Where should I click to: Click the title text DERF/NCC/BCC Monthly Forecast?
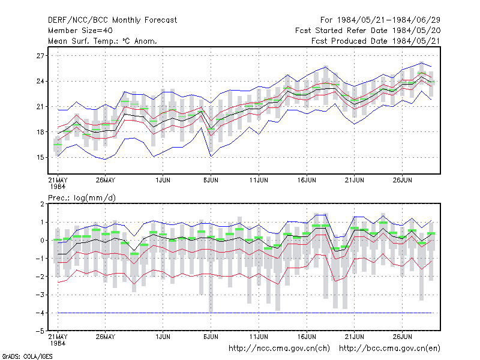tap(112, 20)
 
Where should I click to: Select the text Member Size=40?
tap(80, 31)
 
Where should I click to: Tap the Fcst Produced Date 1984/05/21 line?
tap(376, 41)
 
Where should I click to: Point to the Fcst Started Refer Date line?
tap(368, 31)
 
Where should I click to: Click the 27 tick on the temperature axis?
tap(40, 56)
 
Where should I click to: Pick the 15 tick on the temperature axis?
tap(40, 158)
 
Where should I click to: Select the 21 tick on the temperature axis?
tap(40, 107)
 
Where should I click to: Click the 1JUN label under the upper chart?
tap(163, 180)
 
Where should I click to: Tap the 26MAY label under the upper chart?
tap(106, 180)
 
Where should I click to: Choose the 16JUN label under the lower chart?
tap(307, 337)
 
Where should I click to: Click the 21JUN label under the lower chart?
tap(354, 337)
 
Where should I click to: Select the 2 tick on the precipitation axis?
tap(42, 204)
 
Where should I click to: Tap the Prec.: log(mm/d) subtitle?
tap(82, 198)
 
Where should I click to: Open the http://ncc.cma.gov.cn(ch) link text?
tap(279, 349)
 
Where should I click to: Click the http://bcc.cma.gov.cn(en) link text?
tap(389, 349)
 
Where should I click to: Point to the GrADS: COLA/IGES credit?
tap(27, 356)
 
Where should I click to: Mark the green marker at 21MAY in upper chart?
tap(58, 145)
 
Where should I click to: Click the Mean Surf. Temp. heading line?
tap(103, 41)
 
